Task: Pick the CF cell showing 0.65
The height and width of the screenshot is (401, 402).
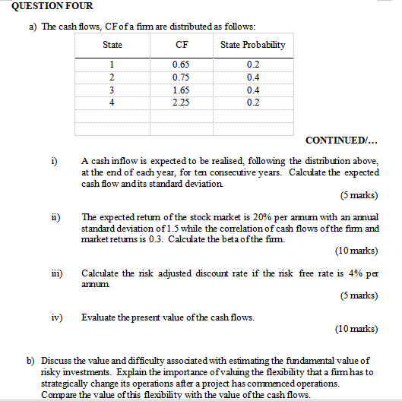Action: coord(182,65)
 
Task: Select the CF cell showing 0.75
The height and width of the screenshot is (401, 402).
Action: coord(182,77)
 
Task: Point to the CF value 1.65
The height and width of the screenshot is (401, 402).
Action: coord(182,90)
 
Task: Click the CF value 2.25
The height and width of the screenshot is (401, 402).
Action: coord(182,102)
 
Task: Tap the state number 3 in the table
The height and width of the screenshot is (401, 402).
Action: coord(112,90)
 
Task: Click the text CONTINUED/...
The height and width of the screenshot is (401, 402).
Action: coord(340,141)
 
